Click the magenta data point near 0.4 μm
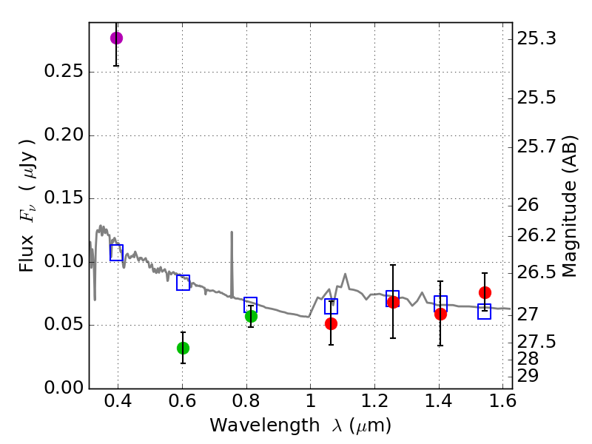click(116, 38)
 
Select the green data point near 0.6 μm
click(183, 348)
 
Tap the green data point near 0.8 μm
click(251, 316)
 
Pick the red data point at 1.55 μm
click(485, 292)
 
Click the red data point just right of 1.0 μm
click(331, 323)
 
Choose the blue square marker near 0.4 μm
click(116, 252)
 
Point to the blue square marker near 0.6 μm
click(183, 282)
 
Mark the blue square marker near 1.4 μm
click(440, 303)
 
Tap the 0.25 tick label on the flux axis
click(59, 73)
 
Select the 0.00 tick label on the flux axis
click(59, 388)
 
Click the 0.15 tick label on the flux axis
click(59, 199)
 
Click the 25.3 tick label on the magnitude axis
click(538, 38)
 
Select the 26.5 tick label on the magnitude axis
click(538, 273)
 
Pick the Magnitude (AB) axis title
click(569, 206)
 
